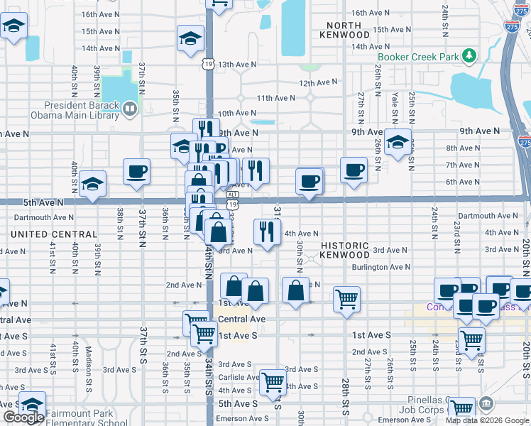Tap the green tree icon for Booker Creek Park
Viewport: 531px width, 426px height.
coord(469,56)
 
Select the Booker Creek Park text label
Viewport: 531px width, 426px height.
coord(418,57)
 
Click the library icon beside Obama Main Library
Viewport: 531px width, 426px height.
coord(130,109)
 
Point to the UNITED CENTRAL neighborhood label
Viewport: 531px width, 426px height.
coord(54,234)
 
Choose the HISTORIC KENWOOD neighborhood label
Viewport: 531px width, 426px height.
coord(345,250)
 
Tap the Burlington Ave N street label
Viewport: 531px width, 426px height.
coord(381,268)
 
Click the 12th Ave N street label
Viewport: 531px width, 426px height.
coord(317,83)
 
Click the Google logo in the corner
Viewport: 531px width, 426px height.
coord(23,418)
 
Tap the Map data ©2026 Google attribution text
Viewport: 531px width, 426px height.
coord(487,420)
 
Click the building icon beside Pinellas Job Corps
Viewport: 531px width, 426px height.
coord(486,405)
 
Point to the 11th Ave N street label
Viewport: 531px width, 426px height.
coord(275,98)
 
